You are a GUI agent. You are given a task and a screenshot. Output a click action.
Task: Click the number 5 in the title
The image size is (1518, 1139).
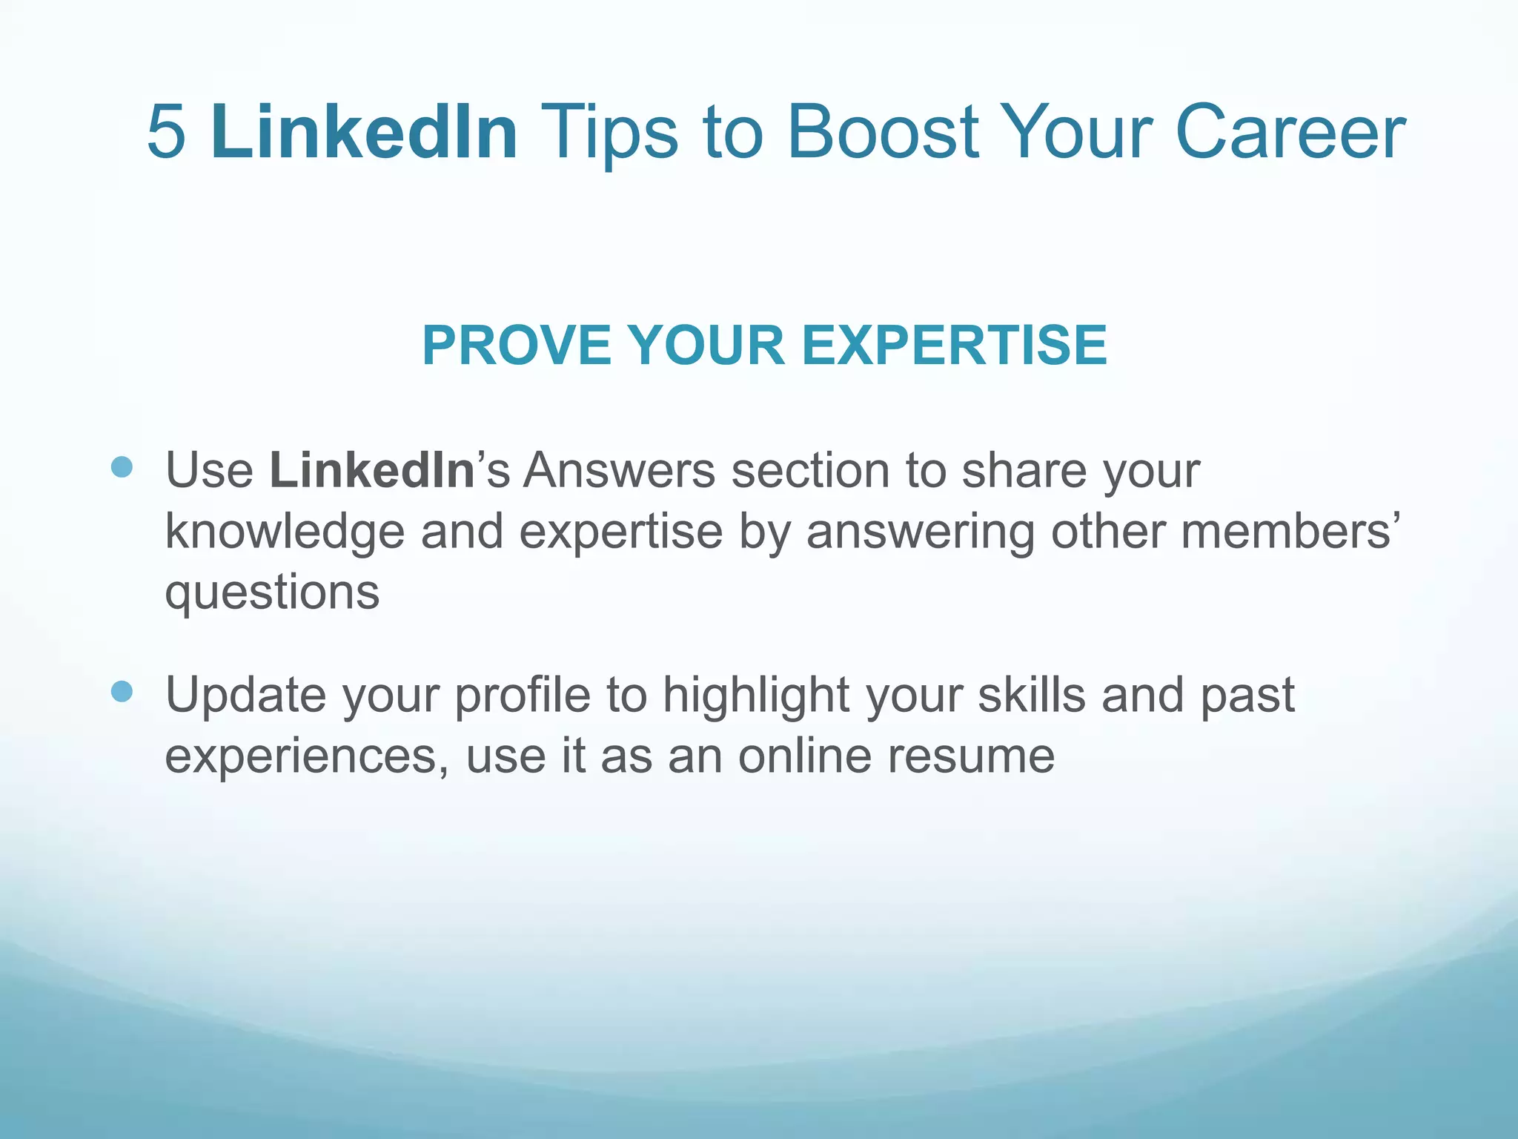coord(166,132)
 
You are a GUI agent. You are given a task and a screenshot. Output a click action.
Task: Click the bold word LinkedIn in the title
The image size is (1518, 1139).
coord(364,132)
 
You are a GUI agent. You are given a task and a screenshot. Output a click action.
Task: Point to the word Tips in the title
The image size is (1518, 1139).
coord(609,132)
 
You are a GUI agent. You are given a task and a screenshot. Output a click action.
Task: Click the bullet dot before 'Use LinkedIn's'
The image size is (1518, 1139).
coord(122,467)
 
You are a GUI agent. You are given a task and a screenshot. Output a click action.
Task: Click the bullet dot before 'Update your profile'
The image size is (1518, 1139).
coord(122,692)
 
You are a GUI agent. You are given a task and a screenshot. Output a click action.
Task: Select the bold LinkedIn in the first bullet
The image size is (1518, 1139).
coord(371,470)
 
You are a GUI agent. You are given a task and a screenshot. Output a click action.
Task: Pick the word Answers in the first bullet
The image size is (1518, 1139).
coord(619,470)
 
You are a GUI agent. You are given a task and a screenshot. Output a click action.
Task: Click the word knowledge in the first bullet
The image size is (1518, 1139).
coord(285,532)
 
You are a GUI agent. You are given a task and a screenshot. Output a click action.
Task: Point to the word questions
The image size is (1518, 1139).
coord(272,593)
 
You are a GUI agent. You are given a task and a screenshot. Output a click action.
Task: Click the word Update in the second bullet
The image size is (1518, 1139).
coord(245,696)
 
